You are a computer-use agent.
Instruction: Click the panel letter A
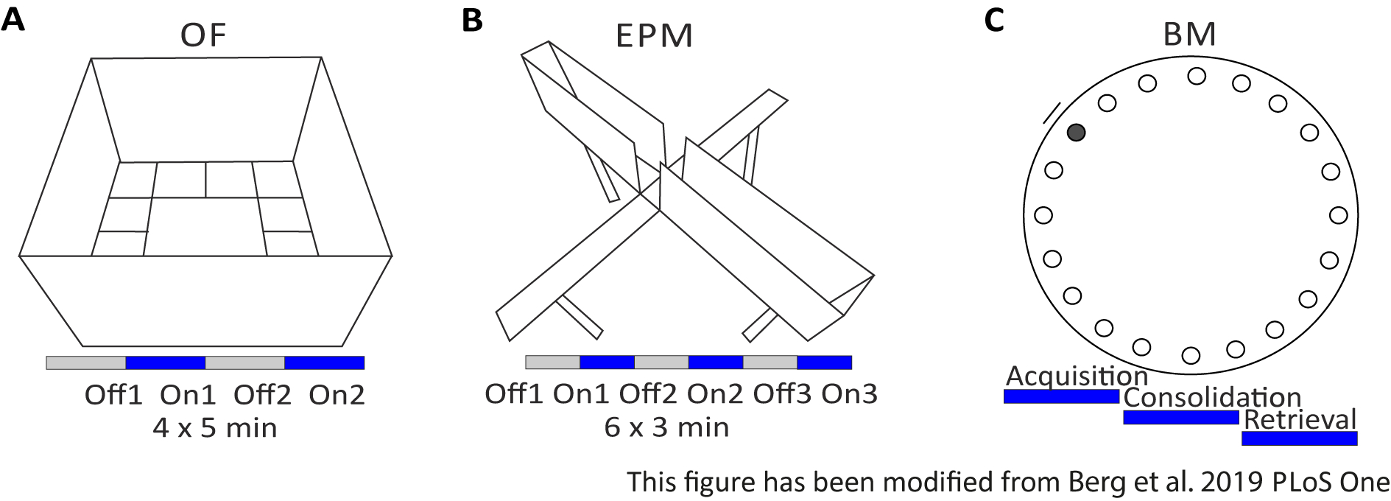(x=13, y=20)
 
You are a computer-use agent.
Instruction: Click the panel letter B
(x=472, y=20)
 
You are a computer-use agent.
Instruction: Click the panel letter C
(x=994, y=20)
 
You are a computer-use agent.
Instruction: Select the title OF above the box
(x=203, y=35)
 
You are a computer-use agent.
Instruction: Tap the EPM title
(x=654, y=36)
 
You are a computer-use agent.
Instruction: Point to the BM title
(x=1189, y=35)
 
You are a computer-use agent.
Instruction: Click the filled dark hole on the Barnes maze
(x=1076, y=133)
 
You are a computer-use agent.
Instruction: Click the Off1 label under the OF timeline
(x=113, y=396)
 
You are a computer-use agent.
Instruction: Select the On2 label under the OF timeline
(x=337, y=396)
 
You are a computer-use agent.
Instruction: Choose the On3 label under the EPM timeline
(x=849, y=394)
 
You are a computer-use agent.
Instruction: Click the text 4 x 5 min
(x=215, y=428)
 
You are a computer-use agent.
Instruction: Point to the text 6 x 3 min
(x=666, y=427)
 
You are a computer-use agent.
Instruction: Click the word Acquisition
(x=1077, y=376)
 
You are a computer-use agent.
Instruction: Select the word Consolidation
(x=1212, y=398)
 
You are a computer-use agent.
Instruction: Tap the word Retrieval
(x=1300, y=419)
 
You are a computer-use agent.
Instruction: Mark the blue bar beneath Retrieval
(x=1299, y=438)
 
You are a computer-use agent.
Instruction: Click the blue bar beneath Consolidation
(x=1180, y=418)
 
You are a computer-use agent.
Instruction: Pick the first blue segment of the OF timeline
(x=165, y=362)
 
